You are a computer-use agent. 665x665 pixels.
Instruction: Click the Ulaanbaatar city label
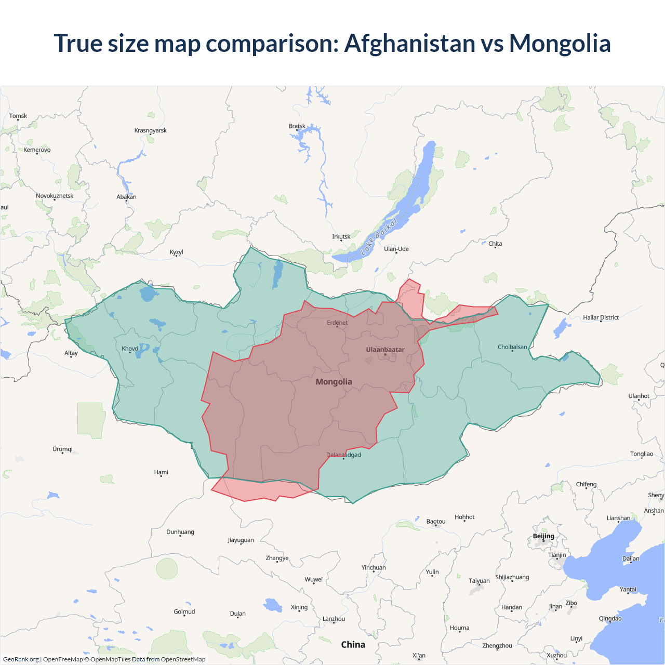pyautogui.click(x=385, y=350)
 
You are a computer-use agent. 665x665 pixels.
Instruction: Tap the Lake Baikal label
pyautogui.click(x=379, y=236)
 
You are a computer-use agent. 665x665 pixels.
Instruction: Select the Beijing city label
pyautogui.click(x=543, y=536)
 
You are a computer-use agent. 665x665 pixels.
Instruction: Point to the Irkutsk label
pyautogui.click(x=341, y=237)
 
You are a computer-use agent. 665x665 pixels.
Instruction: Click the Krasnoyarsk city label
pyautogui.click(x=151, y=130)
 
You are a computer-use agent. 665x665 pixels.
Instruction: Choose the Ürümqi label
pyautogui.click(x=62, y=449)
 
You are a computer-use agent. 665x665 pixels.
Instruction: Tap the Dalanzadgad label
pyautogui.click(x=343, y=455)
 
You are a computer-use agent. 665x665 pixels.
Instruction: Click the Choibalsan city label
pyautogui.click(x=512, y=347)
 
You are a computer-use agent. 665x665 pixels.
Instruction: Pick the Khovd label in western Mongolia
pyautogui.click(x=130, y=349)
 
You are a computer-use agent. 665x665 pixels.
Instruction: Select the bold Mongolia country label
pyautogui.click(x=334, y=382)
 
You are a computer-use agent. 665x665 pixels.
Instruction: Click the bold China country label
pyautogui.click(x=353, y=645)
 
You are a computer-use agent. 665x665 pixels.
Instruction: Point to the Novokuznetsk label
pyautogui.click(x=55, y=196)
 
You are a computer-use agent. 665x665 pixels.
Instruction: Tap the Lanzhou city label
pyautogui.click(x=334, y=619)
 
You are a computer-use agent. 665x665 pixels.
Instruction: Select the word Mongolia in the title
pyautogui.click(x=560, y=43)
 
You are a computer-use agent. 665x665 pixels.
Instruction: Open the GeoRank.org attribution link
pyautogui.click(x=21, y=659)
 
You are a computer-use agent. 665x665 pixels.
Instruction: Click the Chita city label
pyautogui.click(x=495, y=244)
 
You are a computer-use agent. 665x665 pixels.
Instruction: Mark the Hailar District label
pyautogui.click(x=601, y=317)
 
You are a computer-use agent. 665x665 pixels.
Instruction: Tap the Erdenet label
pyautogui.click(x=337, y=323)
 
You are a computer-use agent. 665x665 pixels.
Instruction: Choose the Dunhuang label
pyautogui.click(x=180, y=532)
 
